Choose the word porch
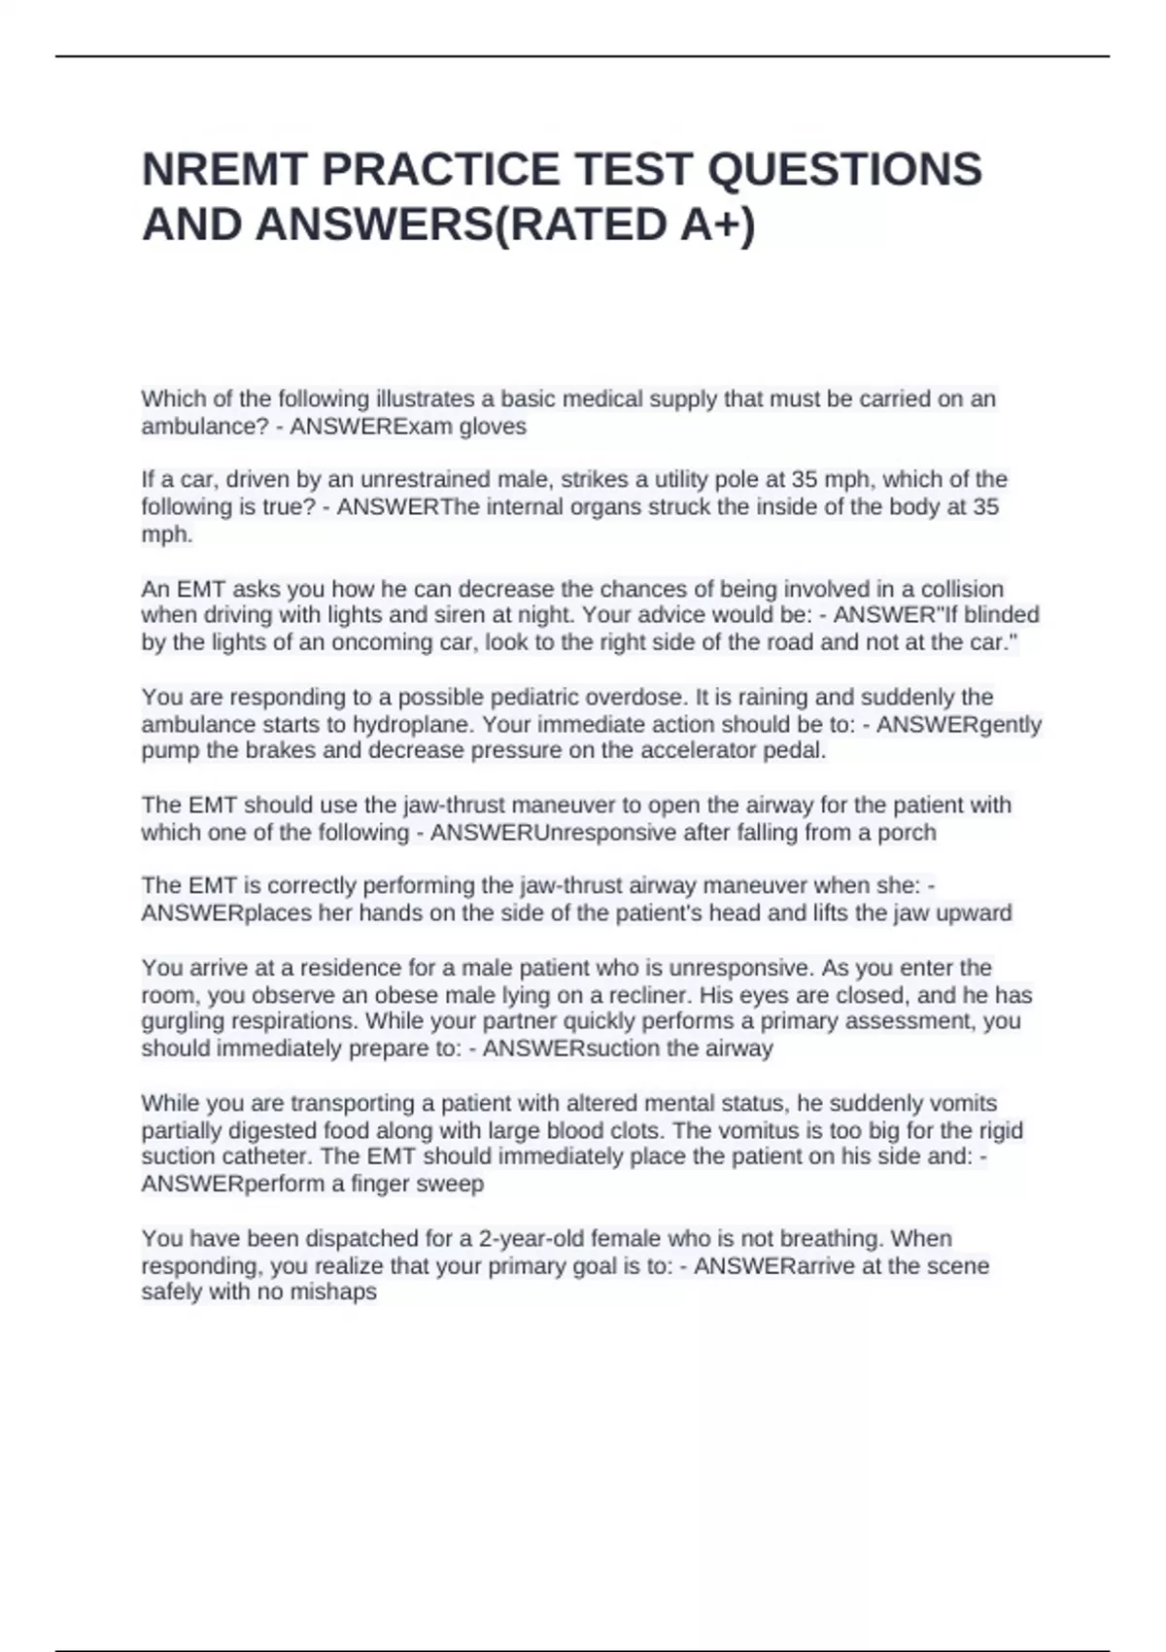907,833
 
